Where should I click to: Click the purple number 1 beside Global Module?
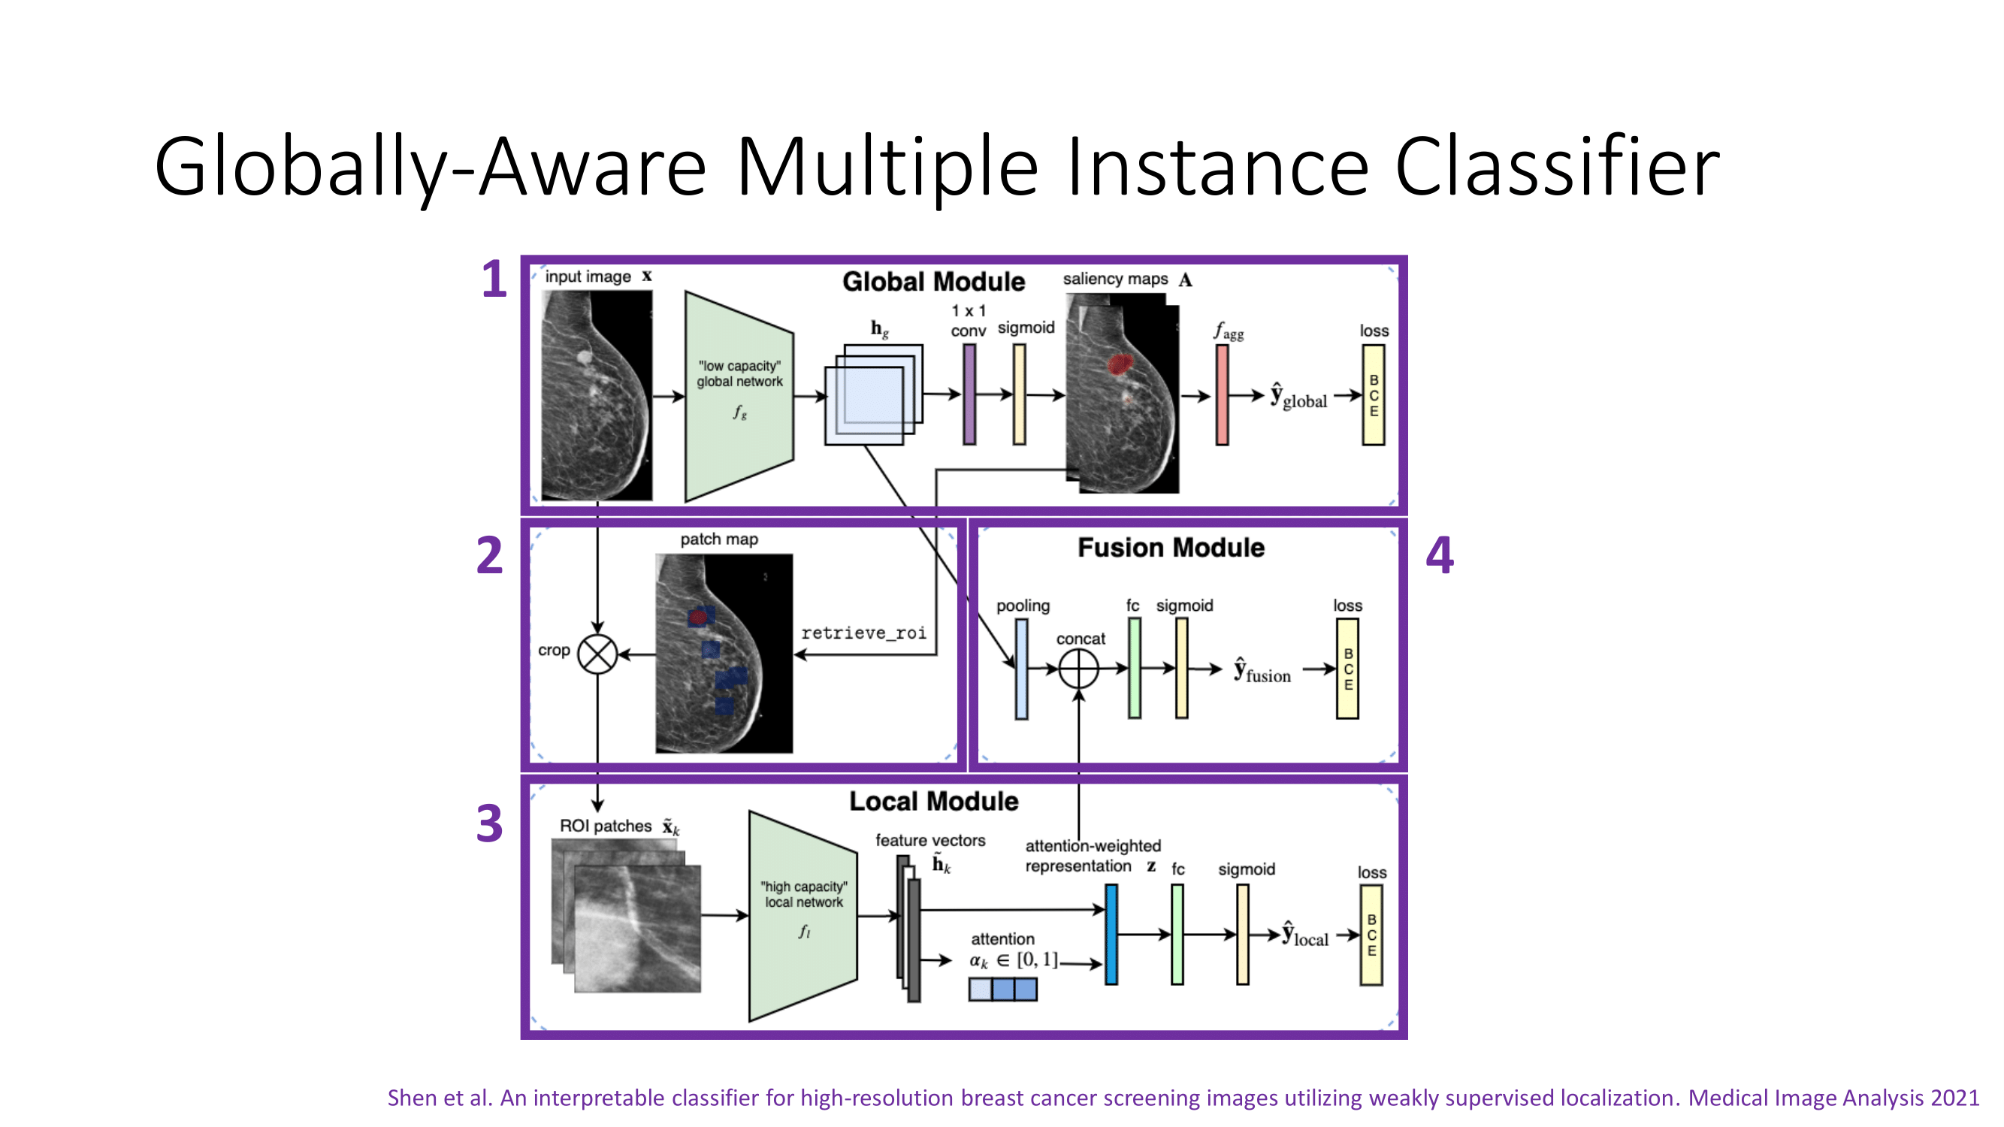coord(494,280)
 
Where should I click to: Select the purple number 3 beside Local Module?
coord(489,823)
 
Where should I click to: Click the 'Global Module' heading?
coord(933,282)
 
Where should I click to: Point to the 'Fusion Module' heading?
coord(1171,548)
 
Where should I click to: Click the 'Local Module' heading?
coord(933,801)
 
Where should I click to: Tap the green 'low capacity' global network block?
coord(739,396)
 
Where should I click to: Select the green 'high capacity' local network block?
coord(803,915)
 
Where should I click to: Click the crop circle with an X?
coord(597,654)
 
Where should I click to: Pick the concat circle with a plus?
coord(1079,668)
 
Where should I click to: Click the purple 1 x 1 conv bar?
coord(969,394)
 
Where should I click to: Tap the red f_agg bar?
coord(1222,395)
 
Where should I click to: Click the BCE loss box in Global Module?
coord(1373,395)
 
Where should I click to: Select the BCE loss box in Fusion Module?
coord(1347,668)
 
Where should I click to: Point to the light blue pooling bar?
coord(1021,668)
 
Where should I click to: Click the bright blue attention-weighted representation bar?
coord(1111,934)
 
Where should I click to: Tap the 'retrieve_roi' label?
coord(863,633)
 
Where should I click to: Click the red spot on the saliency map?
coord(1120,363)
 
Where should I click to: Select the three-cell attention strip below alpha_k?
coord(1003,990)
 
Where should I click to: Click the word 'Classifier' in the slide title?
coord(1557,167)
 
